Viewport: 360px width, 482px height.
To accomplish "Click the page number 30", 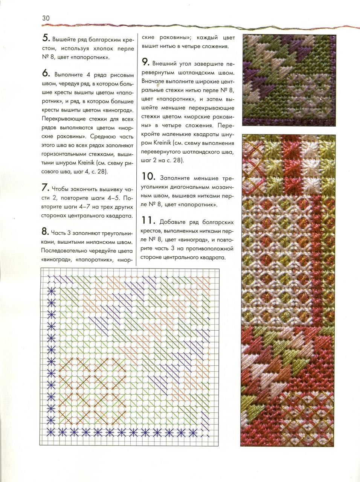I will (46, 18).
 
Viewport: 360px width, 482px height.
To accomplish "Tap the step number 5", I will (46, 38).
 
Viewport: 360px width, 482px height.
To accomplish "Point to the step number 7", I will (45, 188).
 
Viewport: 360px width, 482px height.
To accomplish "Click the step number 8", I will (45, 232).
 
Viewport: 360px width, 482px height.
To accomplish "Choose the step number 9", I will (145, 63).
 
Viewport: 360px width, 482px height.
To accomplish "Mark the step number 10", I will (149, 177).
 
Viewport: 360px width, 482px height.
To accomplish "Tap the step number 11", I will (148, 221).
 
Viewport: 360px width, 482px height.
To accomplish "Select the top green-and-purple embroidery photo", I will (288, 80).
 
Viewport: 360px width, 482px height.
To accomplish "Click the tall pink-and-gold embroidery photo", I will (288, 290).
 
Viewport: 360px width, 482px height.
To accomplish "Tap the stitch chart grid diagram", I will (130, 356).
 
